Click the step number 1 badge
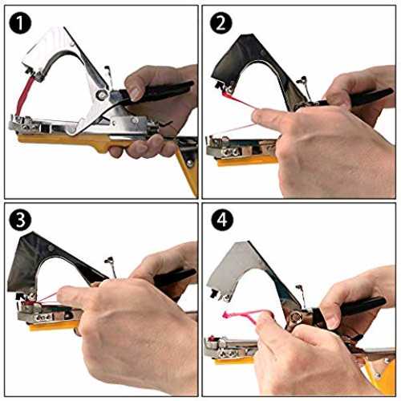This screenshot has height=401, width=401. point(20,23)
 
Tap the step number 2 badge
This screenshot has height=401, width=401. point(221,23)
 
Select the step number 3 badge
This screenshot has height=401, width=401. point(20,220)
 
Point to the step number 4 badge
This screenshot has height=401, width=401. point(221,220)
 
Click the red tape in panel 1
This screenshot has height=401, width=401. point(24,95)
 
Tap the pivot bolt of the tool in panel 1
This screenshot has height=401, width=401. point(101,95)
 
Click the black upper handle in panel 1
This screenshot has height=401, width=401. point(158,91)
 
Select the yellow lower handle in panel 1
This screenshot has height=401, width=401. point(80,142)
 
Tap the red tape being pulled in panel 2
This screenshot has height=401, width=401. point(239,101)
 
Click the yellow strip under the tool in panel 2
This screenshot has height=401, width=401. point(246,161)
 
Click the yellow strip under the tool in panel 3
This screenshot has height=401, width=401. point(54,326)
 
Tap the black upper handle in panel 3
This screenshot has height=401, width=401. point(174,278)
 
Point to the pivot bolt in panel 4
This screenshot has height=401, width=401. point(296,318)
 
